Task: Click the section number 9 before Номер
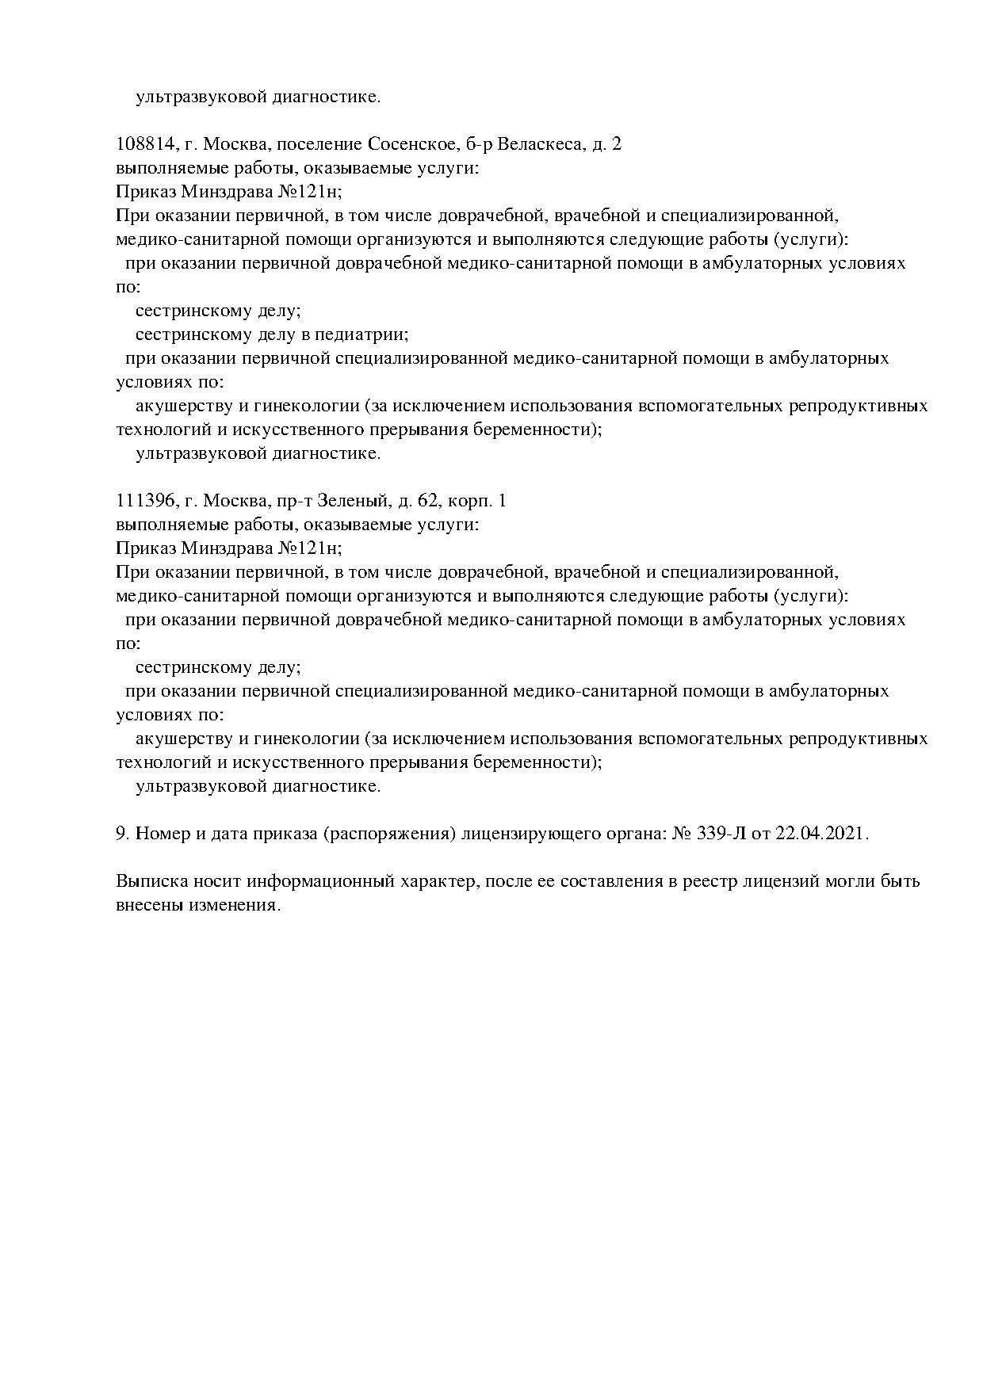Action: tap(121, 834)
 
